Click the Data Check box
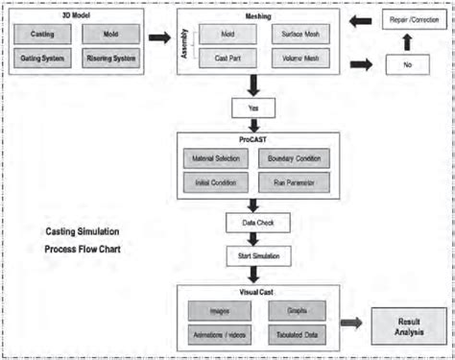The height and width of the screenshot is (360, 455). (251, 223)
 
